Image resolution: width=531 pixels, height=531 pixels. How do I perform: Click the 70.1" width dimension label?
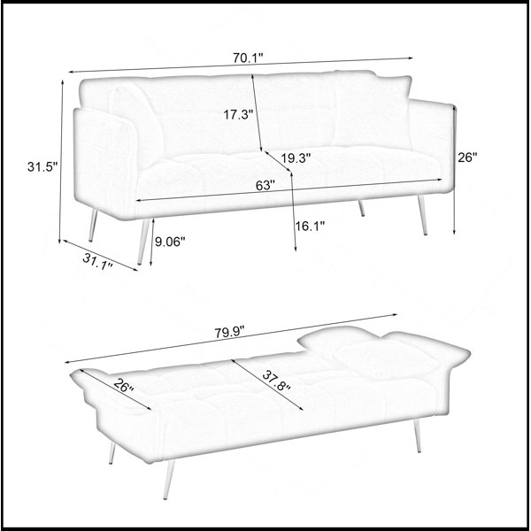coord(248,58)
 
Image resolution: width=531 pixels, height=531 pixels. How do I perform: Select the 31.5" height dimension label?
coord(42,166)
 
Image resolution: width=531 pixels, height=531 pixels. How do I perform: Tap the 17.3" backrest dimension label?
coord(238,115)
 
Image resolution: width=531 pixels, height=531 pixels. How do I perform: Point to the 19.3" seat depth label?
coord(296,158)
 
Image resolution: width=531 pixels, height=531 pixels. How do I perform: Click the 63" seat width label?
coord(265,185)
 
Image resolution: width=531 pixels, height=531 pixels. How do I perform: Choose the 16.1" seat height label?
coord(310,226)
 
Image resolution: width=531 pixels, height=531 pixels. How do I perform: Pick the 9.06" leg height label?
coord(170,242)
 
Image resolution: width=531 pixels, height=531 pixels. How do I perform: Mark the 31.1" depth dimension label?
coord(97,261)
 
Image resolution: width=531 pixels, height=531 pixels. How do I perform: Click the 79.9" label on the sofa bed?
coord(229,332)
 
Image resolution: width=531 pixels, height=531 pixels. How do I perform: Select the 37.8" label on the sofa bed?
coord(276,381)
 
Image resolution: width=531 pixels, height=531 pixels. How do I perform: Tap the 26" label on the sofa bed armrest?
coord(123,386)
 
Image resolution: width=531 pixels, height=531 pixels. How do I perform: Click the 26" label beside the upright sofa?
coord(467,158)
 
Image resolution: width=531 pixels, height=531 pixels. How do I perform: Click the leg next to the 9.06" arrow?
coord(143,242)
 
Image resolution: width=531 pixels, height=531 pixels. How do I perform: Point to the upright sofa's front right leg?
coord(422,215)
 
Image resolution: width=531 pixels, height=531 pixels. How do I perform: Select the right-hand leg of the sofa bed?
coord(417,435)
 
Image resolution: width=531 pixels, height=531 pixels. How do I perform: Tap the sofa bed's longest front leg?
coord(169,479)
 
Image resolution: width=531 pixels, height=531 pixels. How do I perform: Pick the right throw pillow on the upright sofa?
coord(372,111)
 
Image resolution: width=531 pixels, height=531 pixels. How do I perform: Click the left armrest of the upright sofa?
coord(105,164)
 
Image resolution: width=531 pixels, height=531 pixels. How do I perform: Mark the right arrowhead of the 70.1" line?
coord(411,58)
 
